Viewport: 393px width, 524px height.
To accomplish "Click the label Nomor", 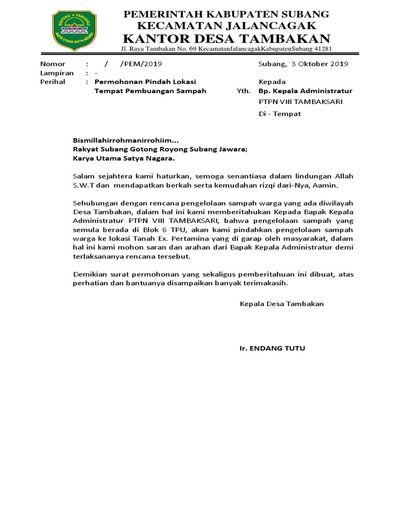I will click(x=53, y=64).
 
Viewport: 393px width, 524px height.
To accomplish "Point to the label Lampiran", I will click(x=57, y=73).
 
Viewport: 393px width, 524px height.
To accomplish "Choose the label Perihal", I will click(x=53, y=81).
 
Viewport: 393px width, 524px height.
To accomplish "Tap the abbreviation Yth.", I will click(x=244, y=91).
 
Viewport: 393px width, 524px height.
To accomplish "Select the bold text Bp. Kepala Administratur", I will click(x=305, y=91).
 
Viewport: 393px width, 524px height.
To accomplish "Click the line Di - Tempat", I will click(x=280, y=114).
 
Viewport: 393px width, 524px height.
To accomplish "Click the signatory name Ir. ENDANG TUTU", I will click(x=272, y=348).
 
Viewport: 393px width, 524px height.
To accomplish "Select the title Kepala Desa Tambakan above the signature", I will click(x=281, y=304).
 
